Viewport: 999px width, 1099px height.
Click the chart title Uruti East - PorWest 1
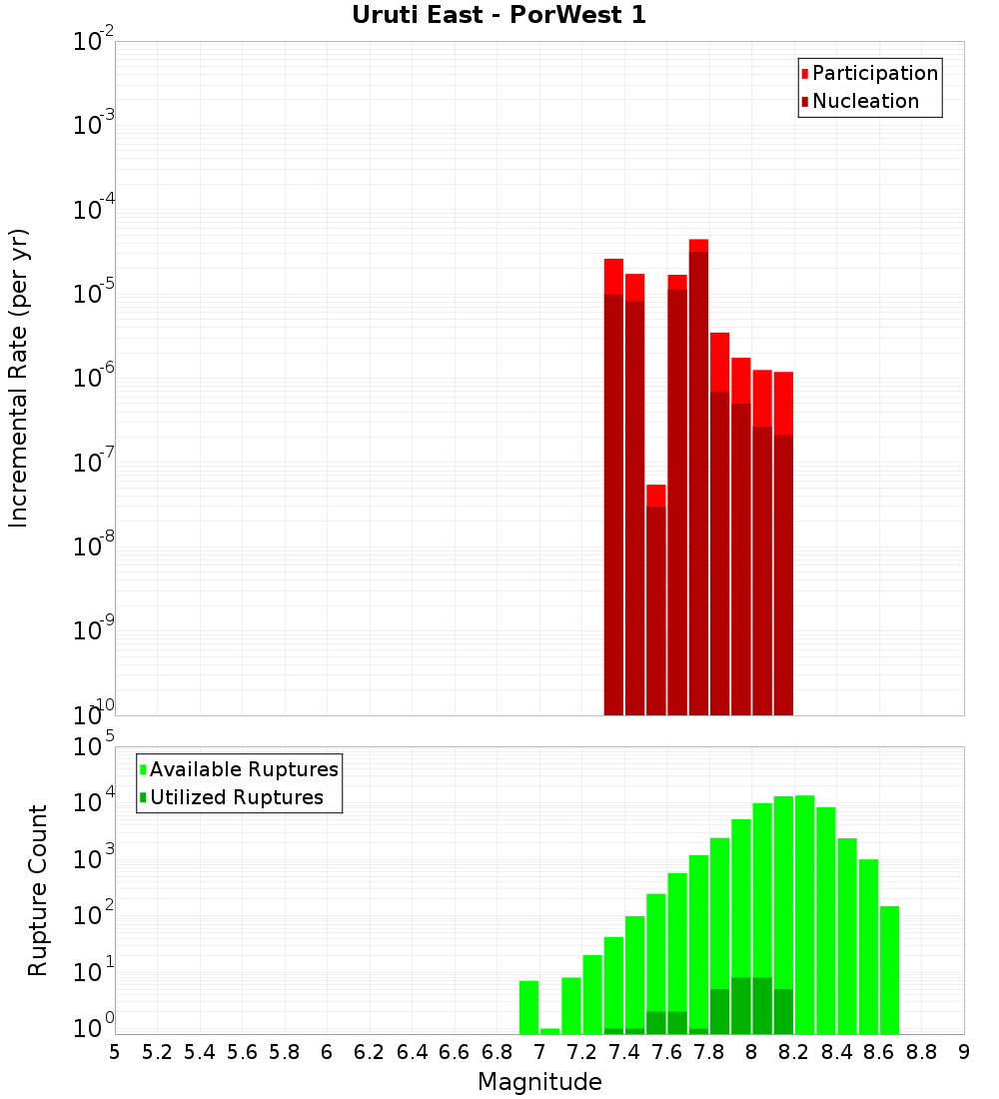point(499,15)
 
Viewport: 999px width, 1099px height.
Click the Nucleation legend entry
point(864,101)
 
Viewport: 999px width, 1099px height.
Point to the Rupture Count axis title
point(38,889)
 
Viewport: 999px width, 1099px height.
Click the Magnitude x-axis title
point(539,1081)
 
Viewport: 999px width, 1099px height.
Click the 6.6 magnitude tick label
point(455,1051)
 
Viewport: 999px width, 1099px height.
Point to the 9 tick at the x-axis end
point(963,1051)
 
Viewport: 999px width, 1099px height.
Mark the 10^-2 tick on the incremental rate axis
point(93,42)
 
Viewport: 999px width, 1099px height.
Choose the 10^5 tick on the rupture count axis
point(93,747)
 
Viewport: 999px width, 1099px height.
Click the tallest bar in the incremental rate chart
point(698,480)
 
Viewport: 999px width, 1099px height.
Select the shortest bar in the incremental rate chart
point(655,599)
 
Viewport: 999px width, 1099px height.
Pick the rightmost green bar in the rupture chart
point(889,969)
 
